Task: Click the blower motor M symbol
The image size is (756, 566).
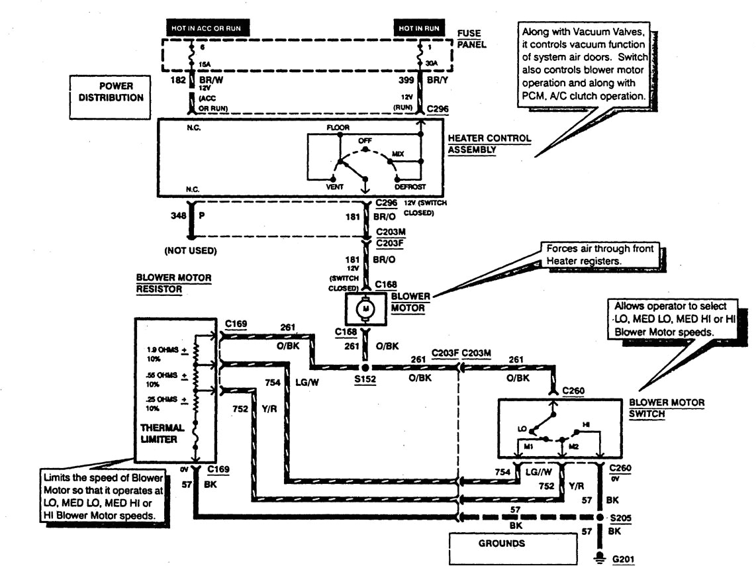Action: pyautogui.click(x=363, y=307)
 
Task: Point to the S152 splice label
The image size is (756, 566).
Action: pyautogui.click(x=365, y=381)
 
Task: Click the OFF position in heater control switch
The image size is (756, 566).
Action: pyautogui.click(x=365, y=141)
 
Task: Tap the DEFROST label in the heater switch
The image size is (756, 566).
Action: pyautogui.click(x=410, y=187)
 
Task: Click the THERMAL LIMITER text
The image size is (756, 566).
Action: pyautogui.click(x=162, y=434)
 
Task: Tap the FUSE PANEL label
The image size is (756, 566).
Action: pyautogui.click(x=469, y=38)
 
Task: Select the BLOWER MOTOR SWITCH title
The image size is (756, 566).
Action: pyautogui.click(x=666, y=407)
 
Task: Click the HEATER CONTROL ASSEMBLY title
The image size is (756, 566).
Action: pyautogui.click(x=489, y=144)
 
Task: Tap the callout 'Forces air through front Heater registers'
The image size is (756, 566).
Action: pyautogui.click(x=598, y=256)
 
